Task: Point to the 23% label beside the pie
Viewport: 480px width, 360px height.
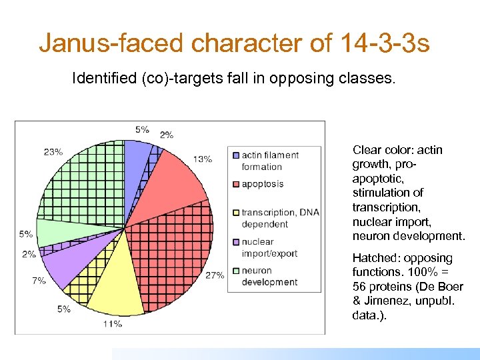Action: pos(53,151)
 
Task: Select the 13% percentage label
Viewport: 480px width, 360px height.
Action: pos(203,159)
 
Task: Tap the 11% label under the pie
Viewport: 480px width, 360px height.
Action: pos(112,323)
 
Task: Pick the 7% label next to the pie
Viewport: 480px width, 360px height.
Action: pos(39,281)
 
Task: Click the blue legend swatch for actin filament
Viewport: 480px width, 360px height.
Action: pos(235,155)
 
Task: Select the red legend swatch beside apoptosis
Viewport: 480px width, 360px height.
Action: pos(235,184)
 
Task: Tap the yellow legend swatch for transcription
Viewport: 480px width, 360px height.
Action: pos(235,213)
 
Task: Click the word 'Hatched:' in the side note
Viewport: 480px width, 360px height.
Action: pos(373,258)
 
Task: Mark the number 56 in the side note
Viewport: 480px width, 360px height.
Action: pos(359,286)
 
